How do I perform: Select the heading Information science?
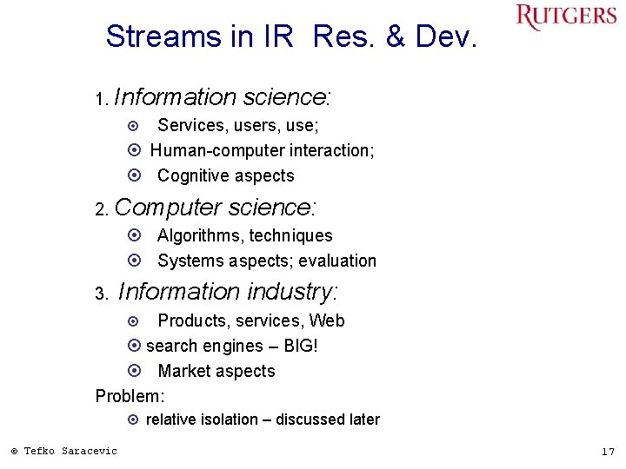tap(225, 96)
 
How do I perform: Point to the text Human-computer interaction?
tap(263, 150)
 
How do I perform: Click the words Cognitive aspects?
tap(226, 175)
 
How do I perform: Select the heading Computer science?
tap(216, 208)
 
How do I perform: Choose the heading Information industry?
tap(228, 291)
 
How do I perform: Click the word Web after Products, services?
tap(327, 320)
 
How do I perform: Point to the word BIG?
tap(301, 346)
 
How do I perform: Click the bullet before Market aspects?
tap(134, 371)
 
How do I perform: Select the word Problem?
tap(130, 396)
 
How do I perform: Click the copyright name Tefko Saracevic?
tap(70, 450)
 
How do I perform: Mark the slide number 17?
tap(607, 451)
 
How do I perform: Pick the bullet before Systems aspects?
tap(134, 261)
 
